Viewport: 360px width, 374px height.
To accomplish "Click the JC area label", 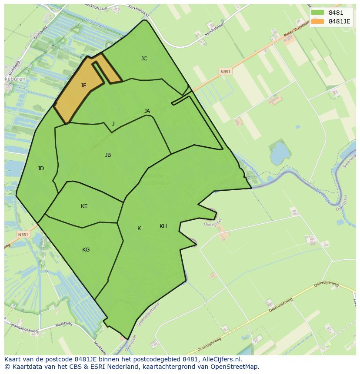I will pyautogui.click(x=144, y=59).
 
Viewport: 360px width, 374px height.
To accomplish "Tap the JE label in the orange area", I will pyautogui.click(x=83, y=86).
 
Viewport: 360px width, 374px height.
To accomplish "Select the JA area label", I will pyautogui.click(x=147, y=111).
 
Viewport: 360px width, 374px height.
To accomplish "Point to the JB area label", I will pyautogui.click(x=108, y=155).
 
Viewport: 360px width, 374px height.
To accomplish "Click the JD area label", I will pyautogui.click(x=40, y=169).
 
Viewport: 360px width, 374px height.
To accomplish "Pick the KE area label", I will pyautogui.click(x=84, y=206).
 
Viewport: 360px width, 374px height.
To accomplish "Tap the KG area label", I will pyautogui.click(x=86, y=250).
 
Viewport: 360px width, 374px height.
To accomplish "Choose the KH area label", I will pyautogui.click(x=163, y=226).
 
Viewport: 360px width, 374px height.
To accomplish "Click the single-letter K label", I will pyautogui.click(x=139, y=228).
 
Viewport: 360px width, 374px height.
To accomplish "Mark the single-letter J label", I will pyautogui.click(x=113, y=124).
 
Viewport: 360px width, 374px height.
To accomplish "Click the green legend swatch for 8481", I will pyautogui.click(x=317, y=13).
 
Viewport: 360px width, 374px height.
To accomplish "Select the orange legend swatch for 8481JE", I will pyautogui.click(x=317, y=21).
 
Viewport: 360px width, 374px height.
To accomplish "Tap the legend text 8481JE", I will pyautogui.click(x=340, y=21).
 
